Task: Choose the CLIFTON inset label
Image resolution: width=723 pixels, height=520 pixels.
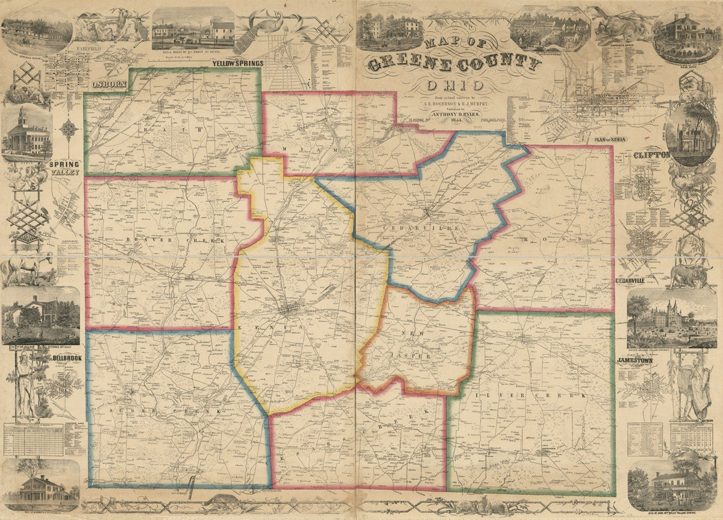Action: click(x=651, y=155)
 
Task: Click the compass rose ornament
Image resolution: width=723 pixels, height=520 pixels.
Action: click(x=69, y=130)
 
